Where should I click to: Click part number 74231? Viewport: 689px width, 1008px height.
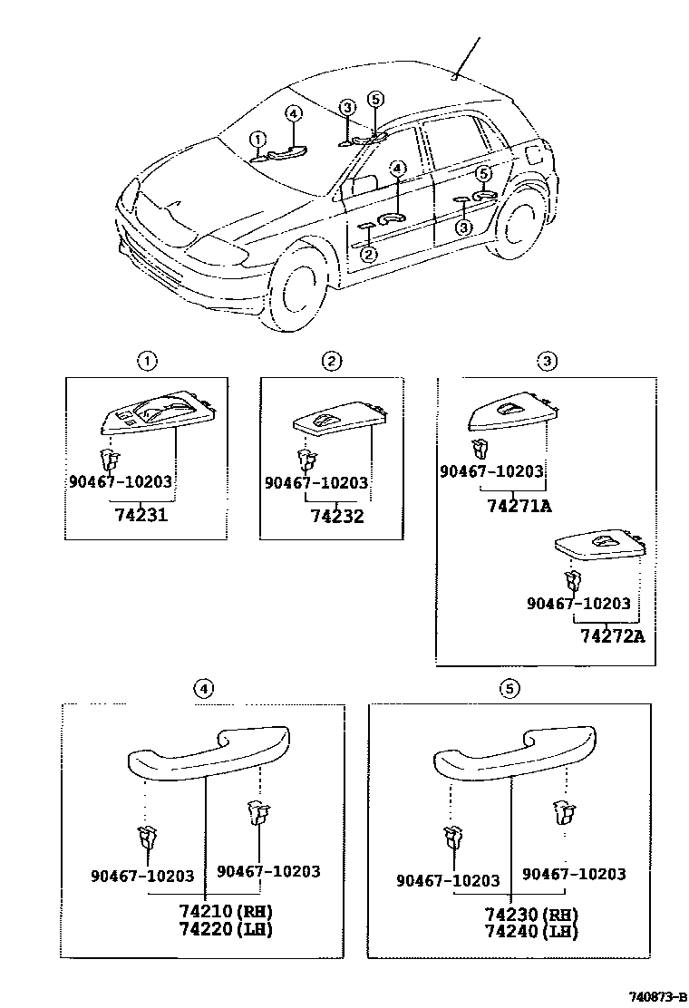(x=142, y=516)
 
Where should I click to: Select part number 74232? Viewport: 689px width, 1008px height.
(x=336, y=516)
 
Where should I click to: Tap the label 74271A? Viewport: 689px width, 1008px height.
(x=519, y=506)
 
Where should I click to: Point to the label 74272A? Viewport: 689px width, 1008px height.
(x=612, y=635)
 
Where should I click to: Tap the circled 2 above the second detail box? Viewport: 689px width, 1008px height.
(x=332, y=362)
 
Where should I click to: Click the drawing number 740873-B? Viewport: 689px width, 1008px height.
(x=645, y=995)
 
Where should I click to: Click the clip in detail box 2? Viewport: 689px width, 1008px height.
(x=306, y=457)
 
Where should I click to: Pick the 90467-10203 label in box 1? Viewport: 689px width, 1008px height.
(x=120, y=481)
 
